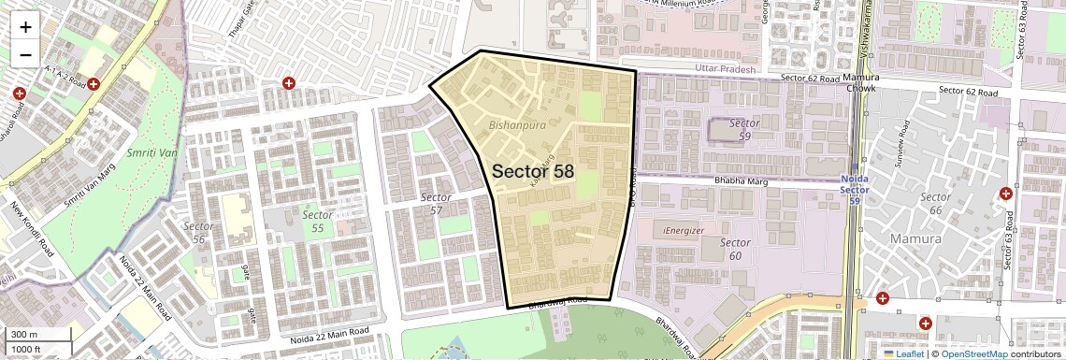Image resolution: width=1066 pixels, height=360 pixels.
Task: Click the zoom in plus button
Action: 25,26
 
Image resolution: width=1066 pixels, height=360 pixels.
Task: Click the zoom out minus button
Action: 25,54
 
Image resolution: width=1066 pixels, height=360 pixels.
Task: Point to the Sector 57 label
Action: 436,204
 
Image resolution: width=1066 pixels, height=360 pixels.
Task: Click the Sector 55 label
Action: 318,221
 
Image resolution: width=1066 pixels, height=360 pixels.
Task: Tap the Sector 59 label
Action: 745,129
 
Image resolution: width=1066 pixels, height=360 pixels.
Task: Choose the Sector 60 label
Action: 736,249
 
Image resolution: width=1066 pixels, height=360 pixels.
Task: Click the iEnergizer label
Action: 684,230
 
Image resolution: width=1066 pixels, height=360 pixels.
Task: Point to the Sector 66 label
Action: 936,203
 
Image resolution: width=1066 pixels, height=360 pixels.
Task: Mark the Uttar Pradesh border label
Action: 726,70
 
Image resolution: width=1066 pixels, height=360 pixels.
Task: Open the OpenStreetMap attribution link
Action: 973,353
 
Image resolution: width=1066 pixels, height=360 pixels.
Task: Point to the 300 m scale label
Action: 24,335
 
